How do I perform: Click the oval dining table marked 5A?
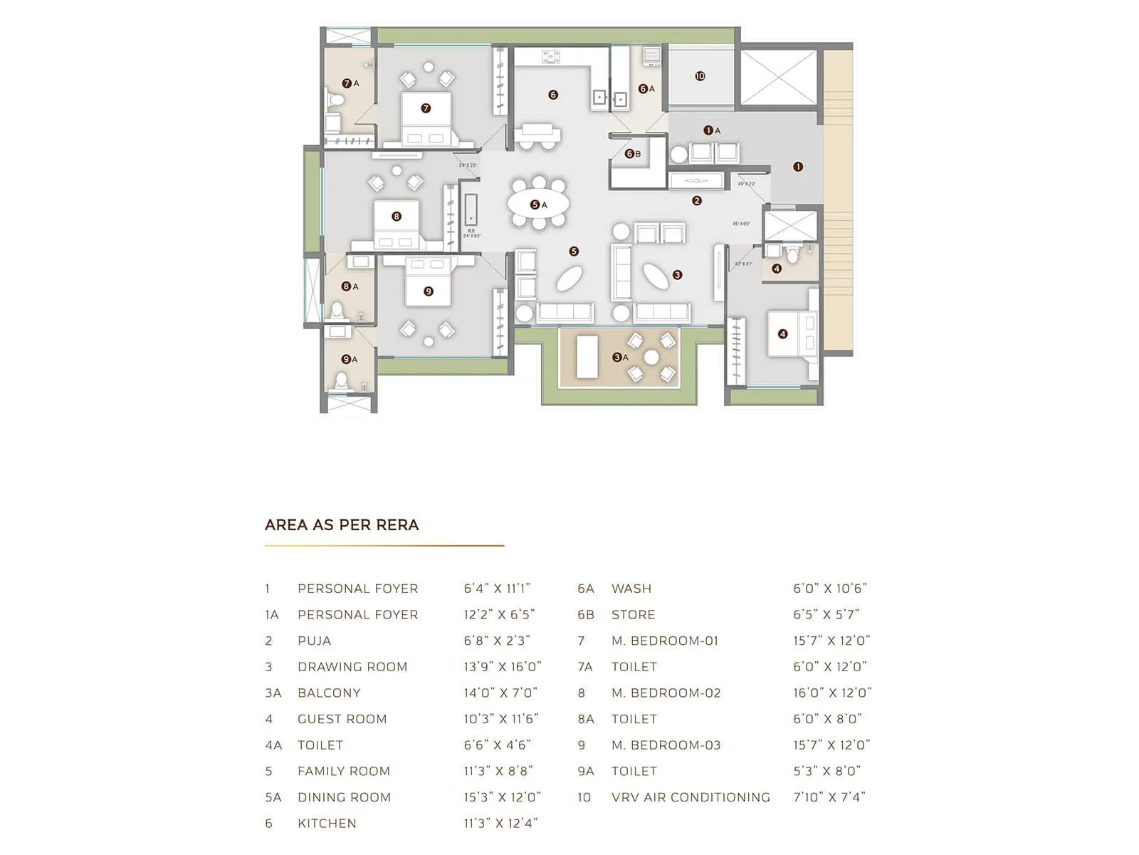pyautogui.click(x=538, y=204)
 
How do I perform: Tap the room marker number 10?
pyautogui.click(x=700, y=76)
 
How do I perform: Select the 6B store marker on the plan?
pyautogui.click(x=629, y=154)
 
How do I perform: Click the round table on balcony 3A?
pyautogui.click(x=651, y=358)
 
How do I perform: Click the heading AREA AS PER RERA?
pyautogui.click(x=342, y=525)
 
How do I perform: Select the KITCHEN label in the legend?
pyautogui.click(x=327, y=824)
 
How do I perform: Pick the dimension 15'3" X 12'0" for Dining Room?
pyautogui.click(x=502, y=797)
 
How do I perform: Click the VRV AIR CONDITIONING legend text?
pyautogui.click(x=691, y=797)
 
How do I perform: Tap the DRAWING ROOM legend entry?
pyautogui.click(x=352, y=667)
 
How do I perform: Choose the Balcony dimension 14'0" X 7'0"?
pyautogui.click(x=500, y=693)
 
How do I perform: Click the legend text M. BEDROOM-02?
pyautogui.click(x=666, y=693)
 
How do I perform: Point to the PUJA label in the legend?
pyautogui.click(x=314, y=641)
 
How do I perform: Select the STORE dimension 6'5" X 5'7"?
pyautogui.click(x=826, y=614)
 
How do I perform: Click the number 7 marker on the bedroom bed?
pyautogui.click(x=426, y=108)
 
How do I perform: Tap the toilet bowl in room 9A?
pyautogui.click(x=342, y=380)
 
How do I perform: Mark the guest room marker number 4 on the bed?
pyautogui.click(x=782, y=333)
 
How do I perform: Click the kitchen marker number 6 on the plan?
pyautogui.click(x=553, y=95)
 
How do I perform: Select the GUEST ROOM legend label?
pyautogui.click(x=342, y=719)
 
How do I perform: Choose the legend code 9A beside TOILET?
pyautogui.click(x=586, y=771)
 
